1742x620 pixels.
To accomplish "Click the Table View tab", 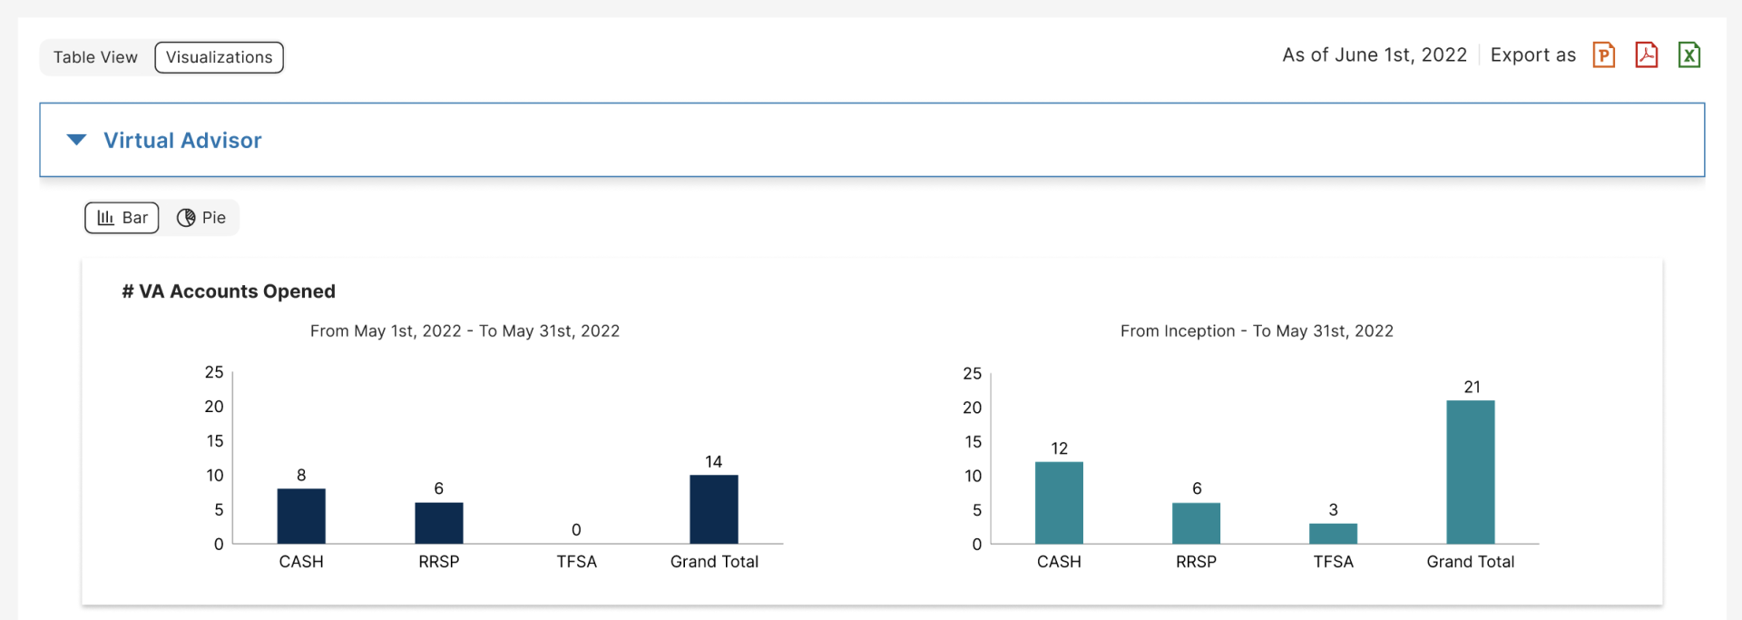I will coord(95,57).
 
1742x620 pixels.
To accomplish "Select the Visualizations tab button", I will coord(219,57).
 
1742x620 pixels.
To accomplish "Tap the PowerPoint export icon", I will coord(1603,55).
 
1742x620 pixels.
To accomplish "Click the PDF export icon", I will coord(1646,55).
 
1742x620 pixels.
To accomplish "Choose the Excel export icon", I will coord(1688,55).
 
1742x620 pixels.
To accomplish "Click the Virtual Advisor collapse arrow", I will coord(77,140).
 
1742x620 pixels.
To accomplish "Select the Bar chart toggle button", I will coord(122,218).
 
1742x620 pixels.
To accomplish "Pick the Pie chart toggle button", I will coord(201,218).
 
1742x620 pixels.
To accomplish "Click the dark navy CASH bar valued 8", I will coord(301,517).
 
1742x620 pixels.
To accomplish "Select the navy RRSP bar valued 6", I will coord(439,523).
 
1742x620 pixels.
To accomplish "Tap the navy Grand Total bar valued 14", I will coord(714,509).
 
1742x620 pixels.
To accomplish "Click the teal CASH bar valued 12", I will coord(1059,503).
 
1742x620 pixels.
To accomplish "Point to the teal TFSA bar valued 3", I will coord(1333,534).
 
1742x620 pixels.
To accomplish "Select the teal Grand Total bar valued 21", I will coord(1470,472).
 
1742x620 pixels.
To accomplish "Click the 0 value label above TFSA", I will coord(576,529).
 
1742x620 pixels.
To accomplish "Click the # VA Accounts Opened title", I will coord(229,291).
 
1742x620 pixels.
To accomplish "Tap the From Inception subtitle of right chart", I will coord(1257,331).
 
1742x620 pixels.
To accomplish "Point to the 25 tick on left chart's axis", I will coord(214,372).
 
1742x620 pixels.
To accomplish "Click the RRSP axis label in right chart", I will coord(1196,562).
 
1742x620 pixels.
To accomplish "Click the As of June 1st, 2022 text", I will coord(1374,55).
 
